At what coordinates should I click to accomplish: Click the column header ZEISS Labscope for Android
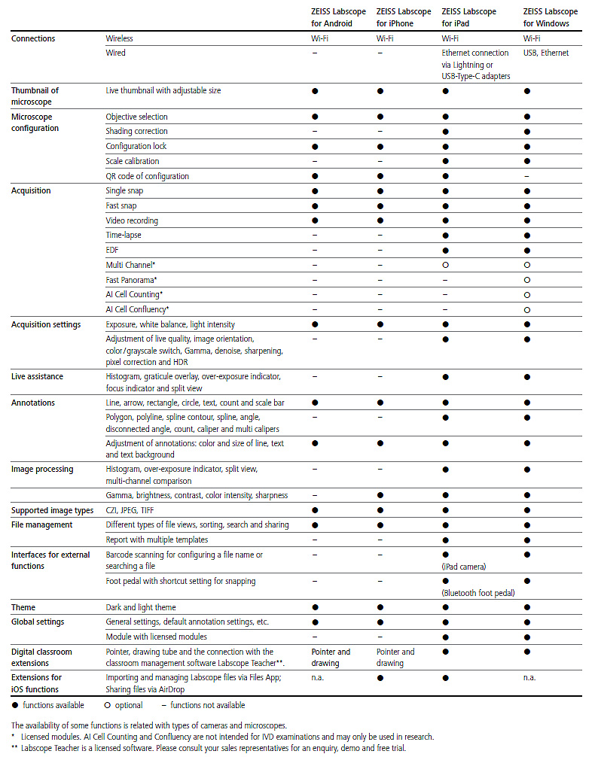332,17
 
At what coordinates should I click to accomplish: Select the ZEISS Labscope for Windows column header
550,17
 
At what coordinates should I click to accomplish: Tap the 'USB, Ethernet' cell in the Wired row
546,53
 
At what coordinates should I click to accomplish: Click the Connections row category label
33,38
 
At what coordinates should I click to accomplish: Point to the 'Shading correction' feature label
136,132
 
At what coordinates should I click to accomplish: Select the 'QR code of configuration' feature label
147,176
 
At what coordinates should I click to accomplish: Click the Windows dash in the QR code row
526,176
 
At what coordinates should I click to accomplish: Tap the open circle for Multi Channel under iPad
445,265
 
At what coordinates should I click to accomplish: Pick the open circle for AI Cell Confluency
527,309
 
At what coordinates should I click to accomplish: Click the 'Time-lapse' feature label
124,236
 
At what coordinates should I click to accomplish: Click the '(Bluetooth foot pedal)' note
478,593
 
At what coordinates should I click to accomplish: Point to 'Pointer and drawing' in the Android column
331,657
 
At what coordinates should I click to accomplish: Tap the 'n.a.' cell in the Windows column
530,677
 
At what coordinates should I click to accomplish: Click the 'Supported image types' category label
52,511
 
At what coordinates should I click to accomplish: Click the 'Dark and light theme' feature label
141,607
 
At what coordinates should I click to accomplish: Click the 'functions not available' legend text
207,705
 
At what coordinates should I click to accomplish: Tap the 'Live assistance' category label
37,375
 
